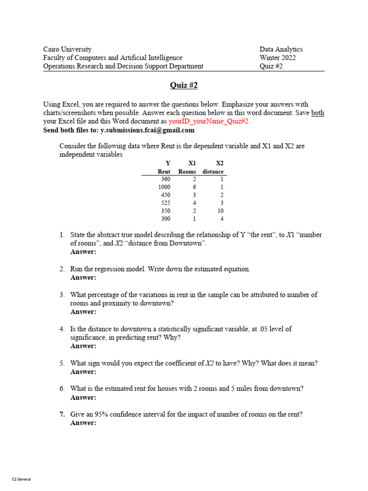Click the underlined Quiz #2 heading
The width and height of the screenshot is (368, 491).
click(x=184, y=85)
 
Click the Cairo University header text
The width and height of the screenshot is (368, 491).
click(x=67, y=49)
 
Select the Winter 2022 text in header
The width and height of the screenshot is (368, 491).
click(x=277, y=58)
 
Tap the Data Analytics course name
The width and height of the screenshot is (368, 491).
click(x=281, y=49)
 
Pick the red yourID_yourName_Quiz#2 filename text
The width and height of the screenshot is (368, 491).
click(x=209, y=121)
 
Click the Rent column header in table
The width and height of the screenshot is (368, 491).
click(x=164, y=172)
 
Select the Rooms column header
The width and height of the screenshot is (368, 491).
click(x=187, y=172)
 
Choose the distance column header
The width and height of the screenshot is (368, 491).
click(x=213, y=172)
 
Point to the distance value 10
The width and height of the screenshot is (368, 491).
click(x=220, y=211)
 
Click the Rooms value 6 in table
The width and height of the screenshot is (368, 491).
click(x=194, y=187)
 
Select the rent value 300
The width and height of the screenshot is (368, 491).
click(x=165, y=219)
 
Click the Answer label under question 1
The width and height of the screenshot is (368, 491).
click(x=83, y=252)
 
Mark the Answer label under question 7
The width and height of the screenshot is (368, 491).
click(x=83, y=423)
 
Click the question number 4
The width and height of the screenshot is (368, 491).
click(x=62, y=329)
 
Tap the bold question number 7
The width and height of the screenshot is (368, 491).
click(x=62, y=414)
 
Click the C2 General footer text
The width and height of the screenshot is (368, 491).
click(x=21, y=479)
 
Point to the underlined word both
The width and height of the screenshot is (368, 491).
click(x=317, y=113)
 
